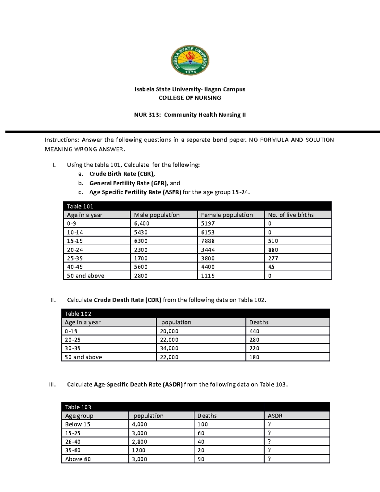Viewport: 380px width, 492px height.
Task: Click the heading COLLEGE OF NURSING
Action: tap(190, 98)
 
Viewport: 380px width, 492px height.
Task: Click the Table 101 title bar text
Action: tap(80, 206)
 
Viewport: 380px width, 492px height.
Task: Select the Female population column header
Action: tap(227, 215)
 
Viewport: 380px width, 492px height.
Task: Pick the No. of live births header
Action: tap(291, 215)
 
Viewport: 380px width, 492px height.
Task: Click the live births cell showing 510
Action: tap(273, 241)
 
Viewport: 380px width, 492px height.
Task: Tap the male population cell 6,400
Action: tap(142, 224)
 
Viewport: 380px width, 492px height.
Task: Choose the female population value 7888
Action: tap(208, 241)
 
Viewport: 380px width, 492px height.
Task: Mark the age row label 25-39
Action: tap(75, 258)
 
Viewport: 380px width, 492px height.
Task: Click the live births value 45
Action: tap(271, 267)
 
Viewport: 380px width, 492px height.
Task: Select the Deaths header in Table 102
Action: tap(259, 322)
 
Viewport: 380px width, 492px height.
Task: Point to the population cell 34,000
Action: tap(169, 348)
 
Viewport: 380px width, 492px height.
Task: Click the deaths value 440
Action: tap(254, 331)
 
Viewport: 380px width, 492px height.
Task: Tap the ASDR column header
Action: tap(275, 416)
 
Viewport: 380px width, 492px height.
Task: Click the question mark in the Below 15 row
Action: tap(269, 424)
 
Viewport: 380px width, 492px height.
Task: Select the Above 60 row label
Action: tap(78, 459)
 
